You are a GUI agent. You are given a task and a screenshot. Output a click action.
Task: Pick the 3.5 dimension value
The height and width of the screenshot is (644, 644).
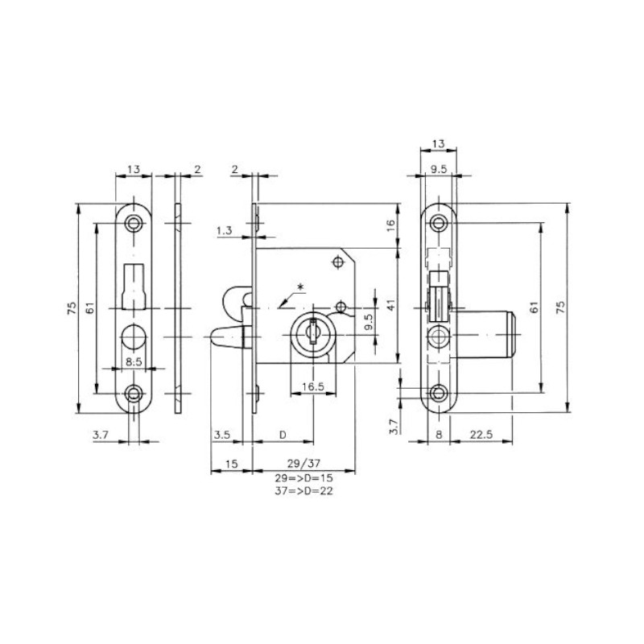pos(222,436)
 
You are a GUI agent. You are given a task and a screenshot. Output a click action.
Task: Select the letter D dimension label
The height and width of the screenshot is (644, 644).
pos(282,436)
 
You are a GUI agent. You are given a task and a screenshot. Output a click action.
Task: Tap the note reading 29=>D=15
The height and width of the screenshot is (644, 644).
pos(303,478)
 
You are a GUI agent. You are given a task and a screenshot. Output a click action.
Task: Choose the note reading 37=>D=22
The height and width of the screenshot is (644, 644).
pos(303,491)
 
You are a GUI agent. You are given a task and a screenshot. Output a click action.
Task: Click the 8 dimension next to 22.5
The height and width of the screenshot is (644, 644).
pos(438,436)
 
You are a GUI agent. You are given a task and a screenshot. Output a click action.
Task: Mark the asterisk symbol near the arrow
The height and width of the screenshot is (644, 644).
pos(301,287)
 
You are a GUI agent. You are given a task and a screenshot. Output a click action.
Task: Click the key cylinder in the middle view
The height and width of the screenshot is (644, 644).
pos(309,332)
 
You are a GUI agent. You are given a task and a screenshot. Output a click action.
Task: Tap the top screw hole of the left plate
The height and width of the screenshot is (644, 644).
pos(133,222)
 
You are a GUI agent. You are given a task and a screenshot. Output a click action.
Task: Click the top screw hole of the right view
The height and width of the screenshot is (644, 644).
pos(439,223)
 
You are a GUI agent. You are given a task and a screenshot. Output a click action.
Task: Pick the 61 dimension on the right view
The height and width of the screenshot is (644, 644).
pos(532,307)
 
